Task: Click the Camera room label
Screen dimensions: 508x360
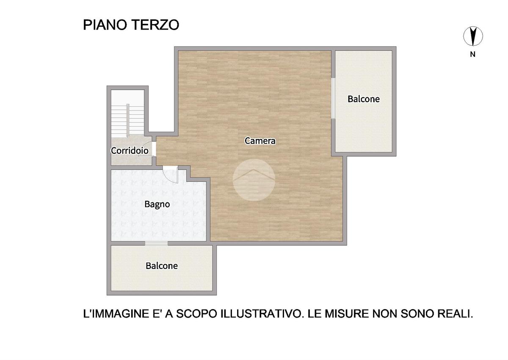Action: [x=260, y=141]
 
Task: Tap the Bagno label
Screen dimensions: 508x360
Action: [x=157, y=205]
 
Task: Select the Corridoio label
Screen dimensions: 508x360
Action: [x=130, y=150]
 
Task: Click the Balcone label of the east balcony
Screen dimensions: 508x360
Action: [x=364, y=99]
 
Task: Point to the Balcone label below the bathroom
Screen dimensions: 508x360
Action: [x=162, y=266]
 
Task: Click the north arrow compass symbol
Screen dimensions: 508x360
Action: [x=473, y=36]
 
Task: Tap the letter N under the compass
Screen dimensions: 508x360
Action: [x=472, y=55]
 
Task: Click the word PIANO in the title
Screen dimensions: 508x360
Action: [x=105, y=25]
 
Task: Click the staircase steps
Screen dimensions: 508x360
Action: [x=128, y=121]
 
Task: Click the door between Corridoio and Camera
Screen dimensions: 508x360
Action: [x=154, y=149]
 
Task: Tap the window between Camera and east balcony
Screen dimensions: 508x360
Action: [x=333, y=98]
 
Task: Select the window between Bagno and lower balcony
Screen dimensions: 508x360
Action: [x=157, y=243]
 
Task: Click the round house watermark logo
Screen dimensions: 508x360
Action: [x=254, y=180]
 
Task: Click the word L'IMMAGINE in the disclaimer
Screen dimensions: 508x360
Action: [x=116, y=314]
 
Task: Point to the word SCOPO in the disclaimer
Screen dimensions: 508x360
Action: [x=196, y=314]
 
